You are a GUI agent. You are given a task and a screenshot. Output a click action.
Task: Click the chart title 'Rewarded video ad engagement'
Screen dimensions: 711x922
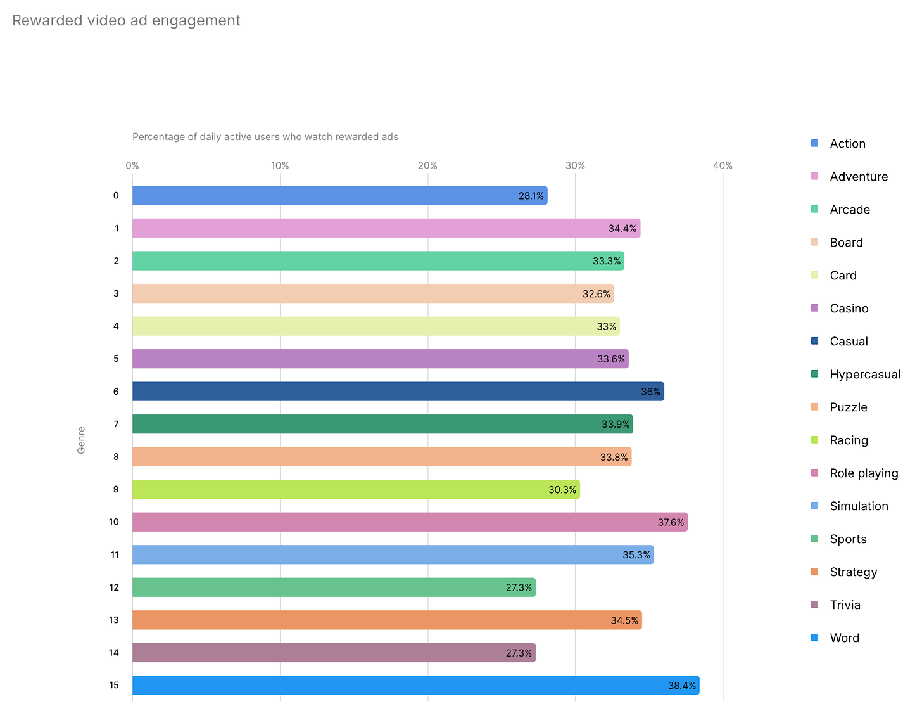pyautogui.click(x=126, y=21)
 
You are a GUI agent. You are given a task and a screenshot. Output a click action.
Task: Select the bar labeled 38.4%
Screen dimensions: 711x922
pyautogui.click(x=415, y=685)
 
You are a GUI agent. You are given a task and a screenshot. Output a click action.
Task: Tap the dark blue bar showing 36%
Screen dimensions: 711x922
pyautogui.click(x=398, y=392)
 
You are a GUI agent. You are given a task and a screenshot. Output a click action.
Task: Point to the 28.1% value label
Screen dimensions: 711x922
pyautogui.click(x=531, y=196)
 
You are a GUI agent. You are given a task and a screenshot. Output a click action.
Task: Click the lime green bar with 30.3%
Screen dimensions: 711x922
pyautogui.click(x=356, y=489)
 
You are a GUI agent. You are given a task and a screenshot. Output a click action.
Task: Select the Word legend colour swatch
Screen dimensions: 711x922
pyautogui.click(x=814, y=637)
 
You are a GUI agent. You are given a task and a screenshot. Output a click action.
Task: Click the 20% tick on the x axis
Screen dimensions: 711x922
pyautogui.click(x=427, y=165)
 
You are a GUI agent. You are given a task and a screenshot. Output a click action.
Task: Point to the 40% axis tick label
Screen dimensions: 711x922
pyautogui.click(x=723, y=165)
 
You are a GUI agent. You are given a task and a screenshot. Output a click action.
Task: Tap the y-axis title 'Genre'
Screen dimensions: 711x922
pyautogui.click(x=81, y=440)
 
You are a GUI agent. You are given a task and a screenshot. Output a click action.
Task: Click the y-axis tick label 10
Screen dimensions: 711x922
pyautogui.click(x=114, y=522)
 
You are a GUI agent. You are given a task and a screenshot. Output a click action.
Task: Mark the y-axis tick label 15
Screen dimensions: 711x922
pyautogui.click(x=114, y=685)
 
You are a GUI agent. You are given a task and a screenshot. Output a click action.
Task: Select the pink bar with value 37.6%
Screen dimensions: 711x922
pyautogui.click(x=410, y=522)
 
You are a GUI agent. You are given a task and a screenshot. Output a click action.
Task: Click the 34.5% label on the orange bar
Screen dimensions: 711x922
pyautogui.click(x=624, y=620)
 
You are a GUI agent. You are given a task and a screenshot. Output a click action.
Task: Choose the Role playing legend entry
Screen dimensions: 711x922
pyautogui.click(x=864, y=473)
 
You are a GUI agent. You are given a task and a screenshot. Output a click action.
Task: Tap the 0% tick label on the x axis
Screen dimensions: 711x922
pyautogui.click(x=132, y=165)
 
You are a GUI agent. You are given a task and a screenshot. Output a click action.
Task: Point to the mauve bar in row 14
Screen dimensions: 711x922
pyautogui.click(x=334, y=653)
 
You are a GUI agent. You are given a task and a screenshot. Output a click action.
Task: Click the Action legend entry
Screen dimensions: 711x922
pyautogui.click(x=847, y=144)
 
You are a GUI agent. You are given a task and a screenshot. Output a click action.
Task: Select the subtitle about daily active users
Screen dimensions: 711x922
pyautogui.click(x=265, y=137)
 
